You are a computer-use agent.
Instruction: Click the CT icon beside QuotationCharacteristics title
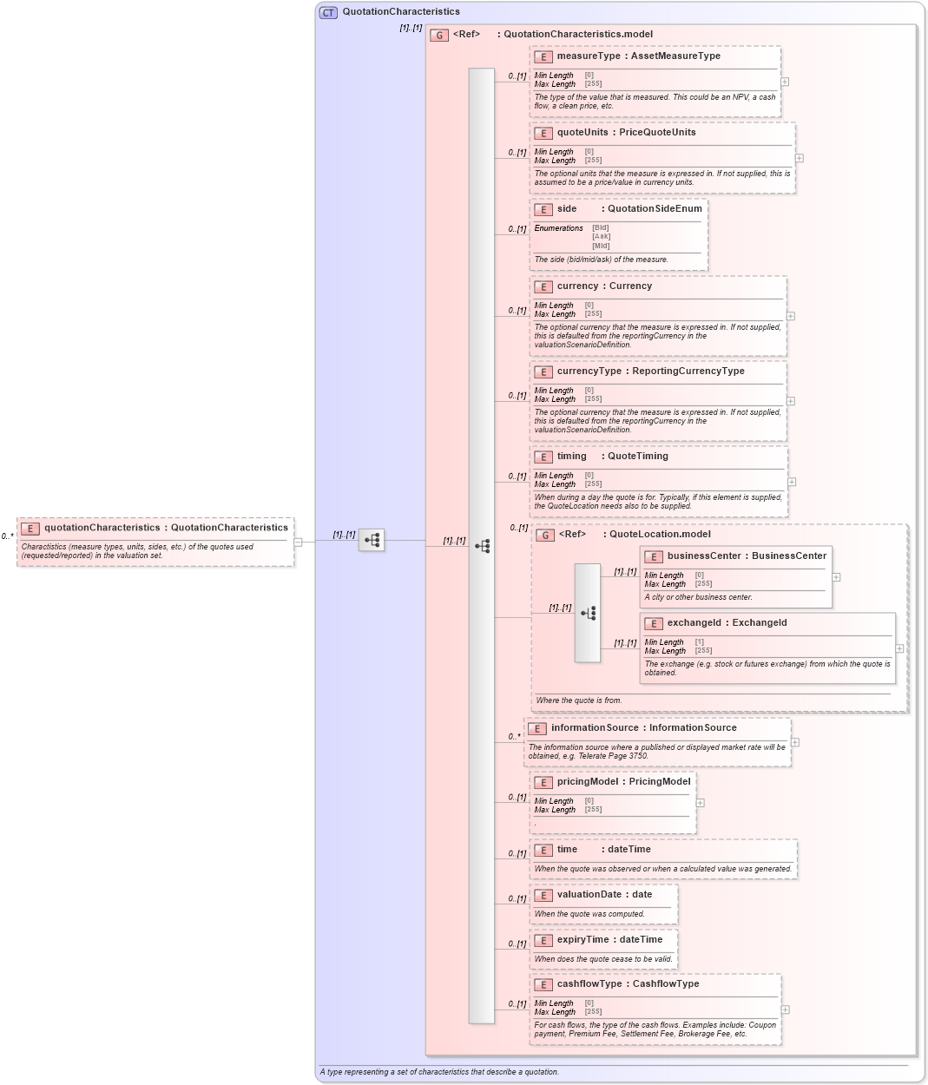point(328,12)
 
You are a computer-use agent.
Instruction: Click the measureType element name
point(589,56)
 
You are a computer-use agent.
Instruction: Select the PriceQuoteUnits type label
point(657,133)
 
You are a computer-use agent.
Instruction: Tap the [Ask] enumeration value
point(601,237)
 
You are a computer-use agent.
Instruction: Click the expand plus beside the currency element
point(791,316)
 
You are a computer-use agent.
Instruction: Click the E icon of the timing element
point(543,457)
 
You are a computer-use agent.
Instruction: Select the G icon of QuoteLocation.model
point(545,536)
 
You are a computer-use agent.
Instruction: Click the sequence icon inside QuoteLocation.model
point(588,613)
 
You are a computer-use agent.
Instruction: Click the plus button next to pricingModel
point(701,803)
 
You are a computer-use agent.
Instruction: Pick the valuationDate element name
point(589,895)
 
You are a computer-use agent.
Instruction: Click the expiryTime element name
point(583,940)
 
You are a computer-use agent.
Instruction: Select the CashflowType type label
point(665,984)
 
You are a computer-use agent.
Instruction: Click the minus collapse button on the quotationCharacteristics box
point(298,542)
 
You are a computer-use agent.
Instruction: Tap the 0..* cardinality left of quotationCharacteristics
point(7,536)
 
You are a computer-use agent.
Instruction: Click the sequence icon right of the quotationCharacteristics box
point(372,541)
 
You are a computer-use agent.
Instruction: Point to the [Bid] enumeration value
point(601,228)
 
